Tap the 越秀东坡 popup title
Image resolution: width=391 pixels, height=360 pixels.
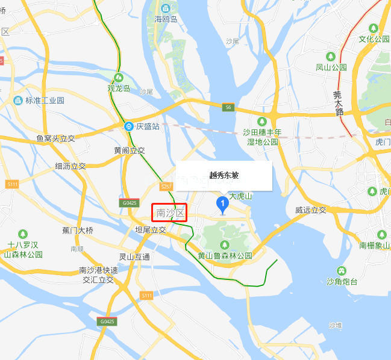click(224, 175)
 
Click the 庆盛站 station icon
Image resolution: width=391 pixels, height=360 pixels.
click(129, 126)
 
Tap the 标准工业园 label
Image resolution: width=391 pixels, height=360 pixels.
click(44, 100)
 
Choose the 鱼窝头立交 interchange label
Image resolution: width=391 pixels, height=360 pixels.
click(55, 138)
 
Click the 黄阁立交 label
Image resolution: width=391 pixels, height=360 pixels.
click(130, 150)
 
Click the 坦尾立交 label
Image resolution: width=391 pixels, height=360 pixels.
click(150, 230)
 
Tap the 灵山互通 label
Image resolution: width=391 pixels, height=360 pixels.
click(134, 256)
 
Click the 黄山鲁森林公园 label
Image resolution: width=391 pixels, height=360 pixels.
click(225, 255)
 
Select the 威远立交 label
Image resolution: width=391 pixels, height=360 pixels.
click(311, 210)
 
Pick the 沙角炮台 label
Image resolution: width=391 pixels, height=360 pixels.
click(342, 282)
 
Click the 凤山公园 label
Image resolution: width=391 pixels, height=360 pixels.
click(331, 67)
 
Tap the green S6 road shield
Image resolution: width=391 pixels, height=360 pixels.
click(227, 107)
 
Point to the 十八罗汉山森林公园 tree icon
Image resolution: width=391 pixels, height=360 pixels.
click(23, 234)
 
